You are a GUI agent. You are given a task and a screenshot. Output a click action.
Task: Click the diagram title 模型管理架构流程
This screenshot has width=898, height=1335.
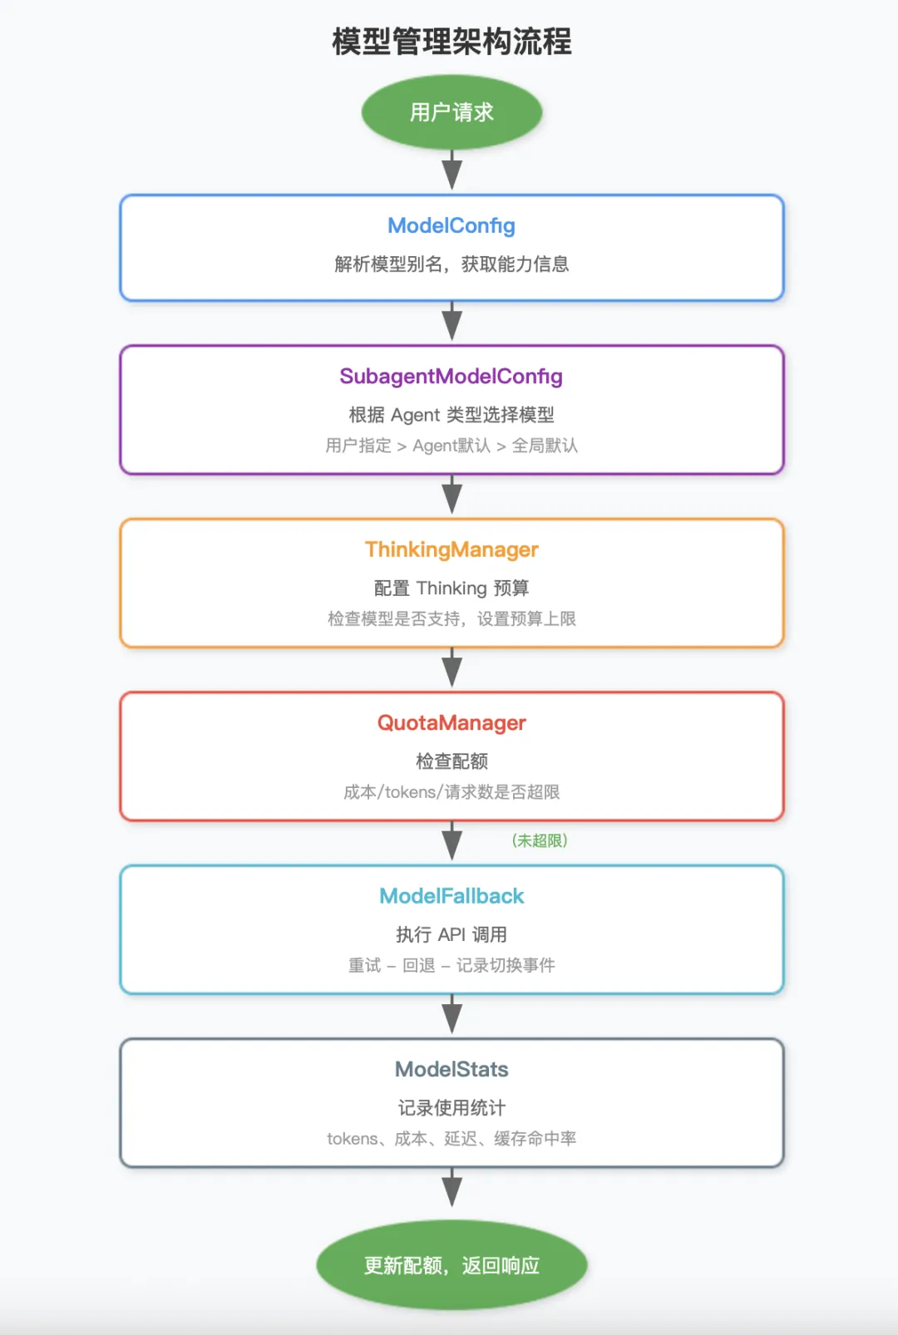point(451,42)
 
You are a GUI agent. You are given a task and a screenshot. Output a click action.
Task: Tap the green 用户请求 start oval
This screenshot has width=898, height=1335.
point(451,112)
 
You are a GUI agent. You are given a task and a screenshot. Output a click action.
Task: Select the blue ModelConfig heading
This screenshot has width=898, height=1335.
point(451,225)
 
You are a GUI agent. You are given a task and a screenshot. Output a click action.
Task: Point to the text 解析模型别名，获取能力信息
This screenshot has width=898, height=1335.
point(451,264)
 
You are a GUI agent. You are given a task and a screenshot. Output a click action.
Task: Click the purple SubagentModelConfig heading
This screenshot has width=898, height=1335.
point(451,377)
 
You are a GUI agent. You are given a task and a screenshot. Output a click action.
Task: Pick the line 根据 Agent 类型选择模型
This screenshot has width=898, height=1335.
point(451,415)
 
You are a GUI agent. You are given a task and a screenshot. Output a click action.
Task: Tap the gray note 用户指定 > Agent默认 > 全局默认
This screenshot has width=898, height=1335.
point(451,446)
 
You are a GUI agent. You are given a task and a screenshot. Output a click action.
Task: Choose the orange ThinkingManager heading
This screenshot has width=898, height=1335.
point(451,549)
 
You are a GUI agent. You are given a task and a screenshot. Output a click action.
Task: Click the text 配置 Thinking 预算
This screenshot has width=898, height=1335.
point(451,589)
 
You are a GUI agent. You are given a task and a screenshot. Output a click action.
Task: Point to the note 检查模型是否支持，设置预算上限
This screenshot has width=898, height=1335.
point(451,618)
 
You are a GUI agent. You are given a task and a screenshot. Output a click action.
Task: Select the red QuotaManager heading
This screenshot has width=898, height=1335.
point(451,723)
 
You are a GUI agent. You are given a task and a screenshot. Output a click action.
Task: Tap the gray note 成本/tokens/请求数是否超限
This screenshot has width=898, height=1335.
point(451,792)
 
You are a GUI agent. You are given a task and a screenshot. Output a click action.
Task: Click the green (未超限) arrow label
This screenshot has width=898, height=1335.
point(540,840)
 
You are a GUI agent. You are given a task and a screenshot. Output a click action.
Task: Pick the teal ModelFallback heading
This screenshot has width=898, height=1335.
point(451,896)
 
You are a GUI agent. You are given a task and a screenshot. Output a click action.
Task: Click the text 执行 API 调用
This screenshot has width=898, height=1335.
point(451,935)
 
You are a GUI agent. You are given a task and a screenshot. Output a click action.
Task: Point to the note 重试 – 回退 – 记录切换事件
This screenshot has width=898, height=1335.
point(451,965)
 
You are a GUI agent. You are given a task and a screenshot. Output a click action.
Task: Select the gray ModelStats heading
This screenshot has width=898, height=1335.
point(451,1069)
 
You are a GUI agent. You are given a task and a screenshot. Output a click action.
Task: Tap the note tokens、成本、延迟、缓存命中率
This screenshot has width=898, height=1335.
point(451,1139)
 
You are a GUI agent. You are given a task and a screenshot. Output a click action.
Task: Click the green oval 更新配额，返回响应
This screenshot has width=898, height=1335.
point(451,1265)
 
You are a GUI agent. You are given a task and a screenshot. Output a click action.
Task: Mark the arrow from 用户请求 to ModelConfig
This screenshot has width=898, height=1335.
point(451,170)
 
